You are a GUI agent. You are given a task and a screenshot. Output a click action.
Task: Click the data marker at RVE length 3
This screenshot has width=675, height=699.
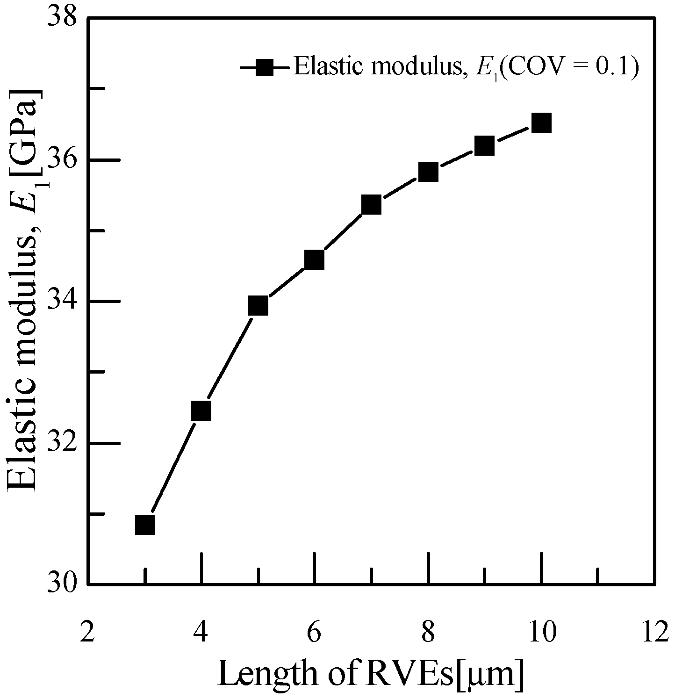[x=145, y=525]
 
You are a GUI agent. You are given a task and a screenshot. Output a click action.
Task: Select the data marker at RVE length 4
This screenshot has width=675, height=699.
[x=201, y=411]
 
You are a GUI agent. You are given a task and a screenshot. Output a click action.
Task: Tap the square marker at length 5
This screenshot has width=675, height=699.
[x=259, y=306]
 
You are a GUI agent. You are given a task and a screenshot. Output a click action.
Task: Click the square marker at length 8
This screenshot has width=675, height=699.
[x=428, y=172]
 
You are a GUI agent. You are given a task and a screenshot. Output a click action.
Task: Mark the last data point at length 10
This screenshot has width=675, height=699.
[x=541, y=123]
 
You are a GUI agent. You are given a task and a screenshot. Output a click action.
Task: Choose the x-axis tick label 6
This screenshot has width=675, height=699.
[x=314, y=633]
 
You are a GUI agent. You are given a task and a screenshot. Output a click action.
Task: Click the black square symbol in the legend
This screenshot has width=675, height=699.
[x=265, y=67]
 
